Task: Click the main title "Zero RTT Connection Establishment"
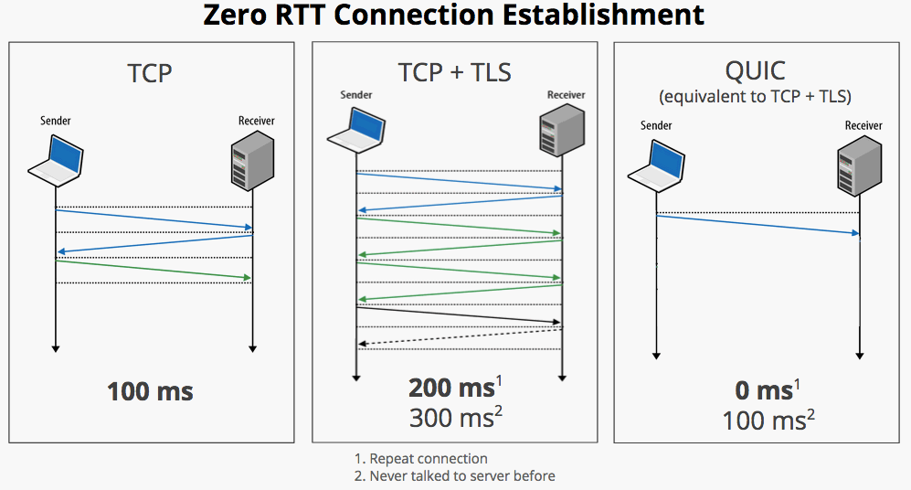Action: pos(455,16)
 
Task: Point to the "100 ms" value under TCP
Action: pos(151,392)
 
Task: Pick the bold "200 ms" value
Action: pos(451,388)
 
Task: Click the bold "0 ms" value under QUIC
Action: pos(763,390)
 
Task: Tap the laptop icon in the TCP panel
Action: pos(56,156)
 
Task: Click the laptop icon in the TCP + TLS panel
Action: pos(355,127)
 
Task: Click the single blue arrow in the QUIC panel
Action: pos(758,225)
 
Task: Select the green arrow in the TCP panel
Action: pos(154,270)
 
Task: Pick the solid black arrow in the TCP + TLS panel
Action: pos(458,314)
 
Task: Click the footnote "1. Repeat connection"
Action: pos(420,459)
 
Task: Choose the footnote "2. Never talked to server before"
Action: pos(454,475)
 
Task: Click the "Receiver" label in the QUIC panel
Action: pos(863,126)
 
